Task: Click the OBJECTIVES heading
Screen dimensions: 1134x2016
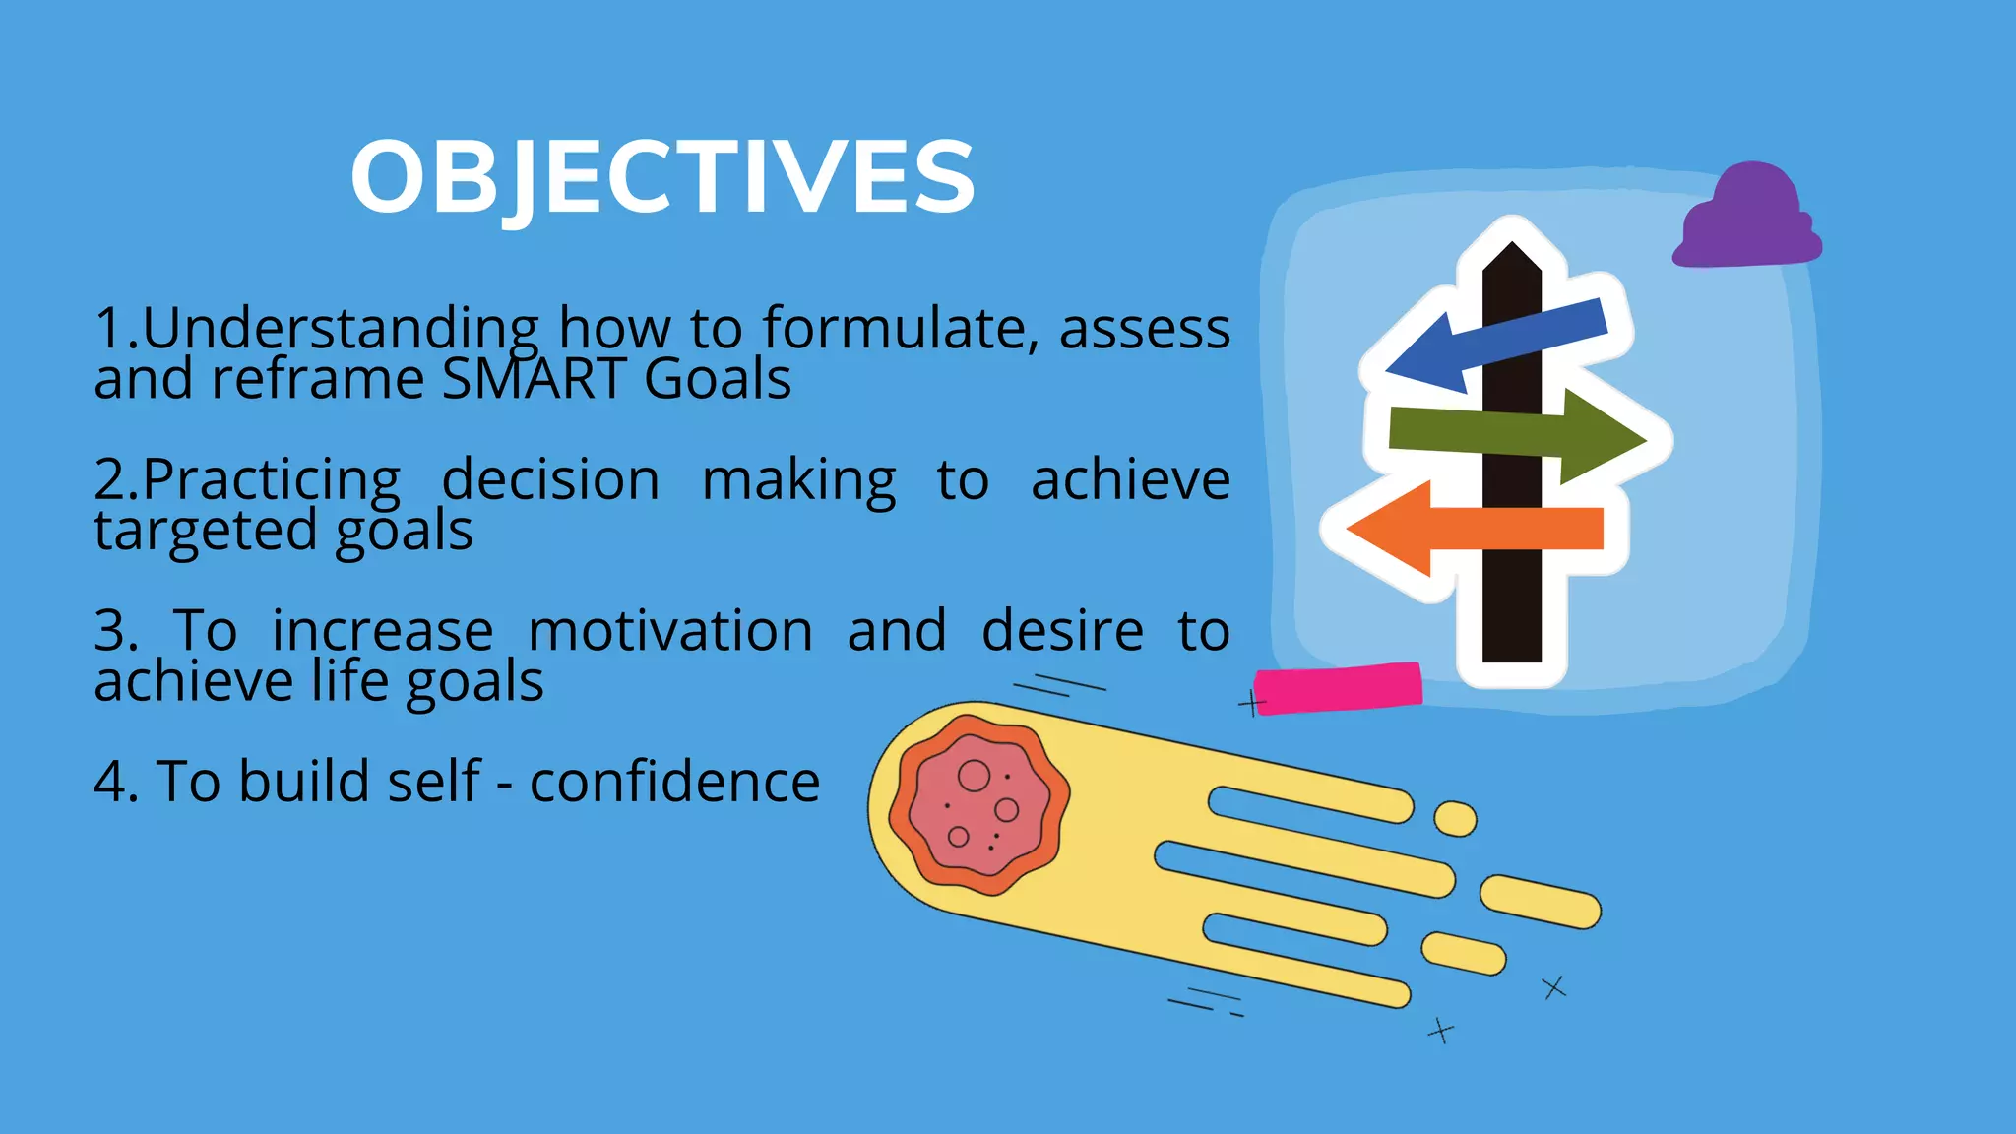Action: [662, 177]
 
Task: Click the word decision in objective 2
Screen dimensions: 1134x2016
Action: [550, 480]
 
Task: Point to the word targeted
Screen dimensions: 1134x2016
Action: [206, 532]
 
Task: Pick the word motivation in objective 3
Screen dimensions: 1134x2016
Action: [669, 631]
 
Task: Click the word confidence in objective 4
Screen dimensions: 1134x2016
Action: [674, 783]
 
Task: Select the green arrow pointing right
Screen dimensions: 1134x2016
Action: [1516, 436]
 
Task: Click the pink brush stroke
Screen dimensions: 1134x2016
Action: [1338, 688]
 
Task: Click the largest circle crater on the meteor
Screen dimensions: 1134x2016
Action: [974, 776]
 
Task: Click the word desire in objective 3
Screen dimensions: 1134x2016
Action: [1062, 631]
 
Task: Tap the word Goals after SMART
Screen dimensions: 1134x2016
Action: [718, 379]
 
